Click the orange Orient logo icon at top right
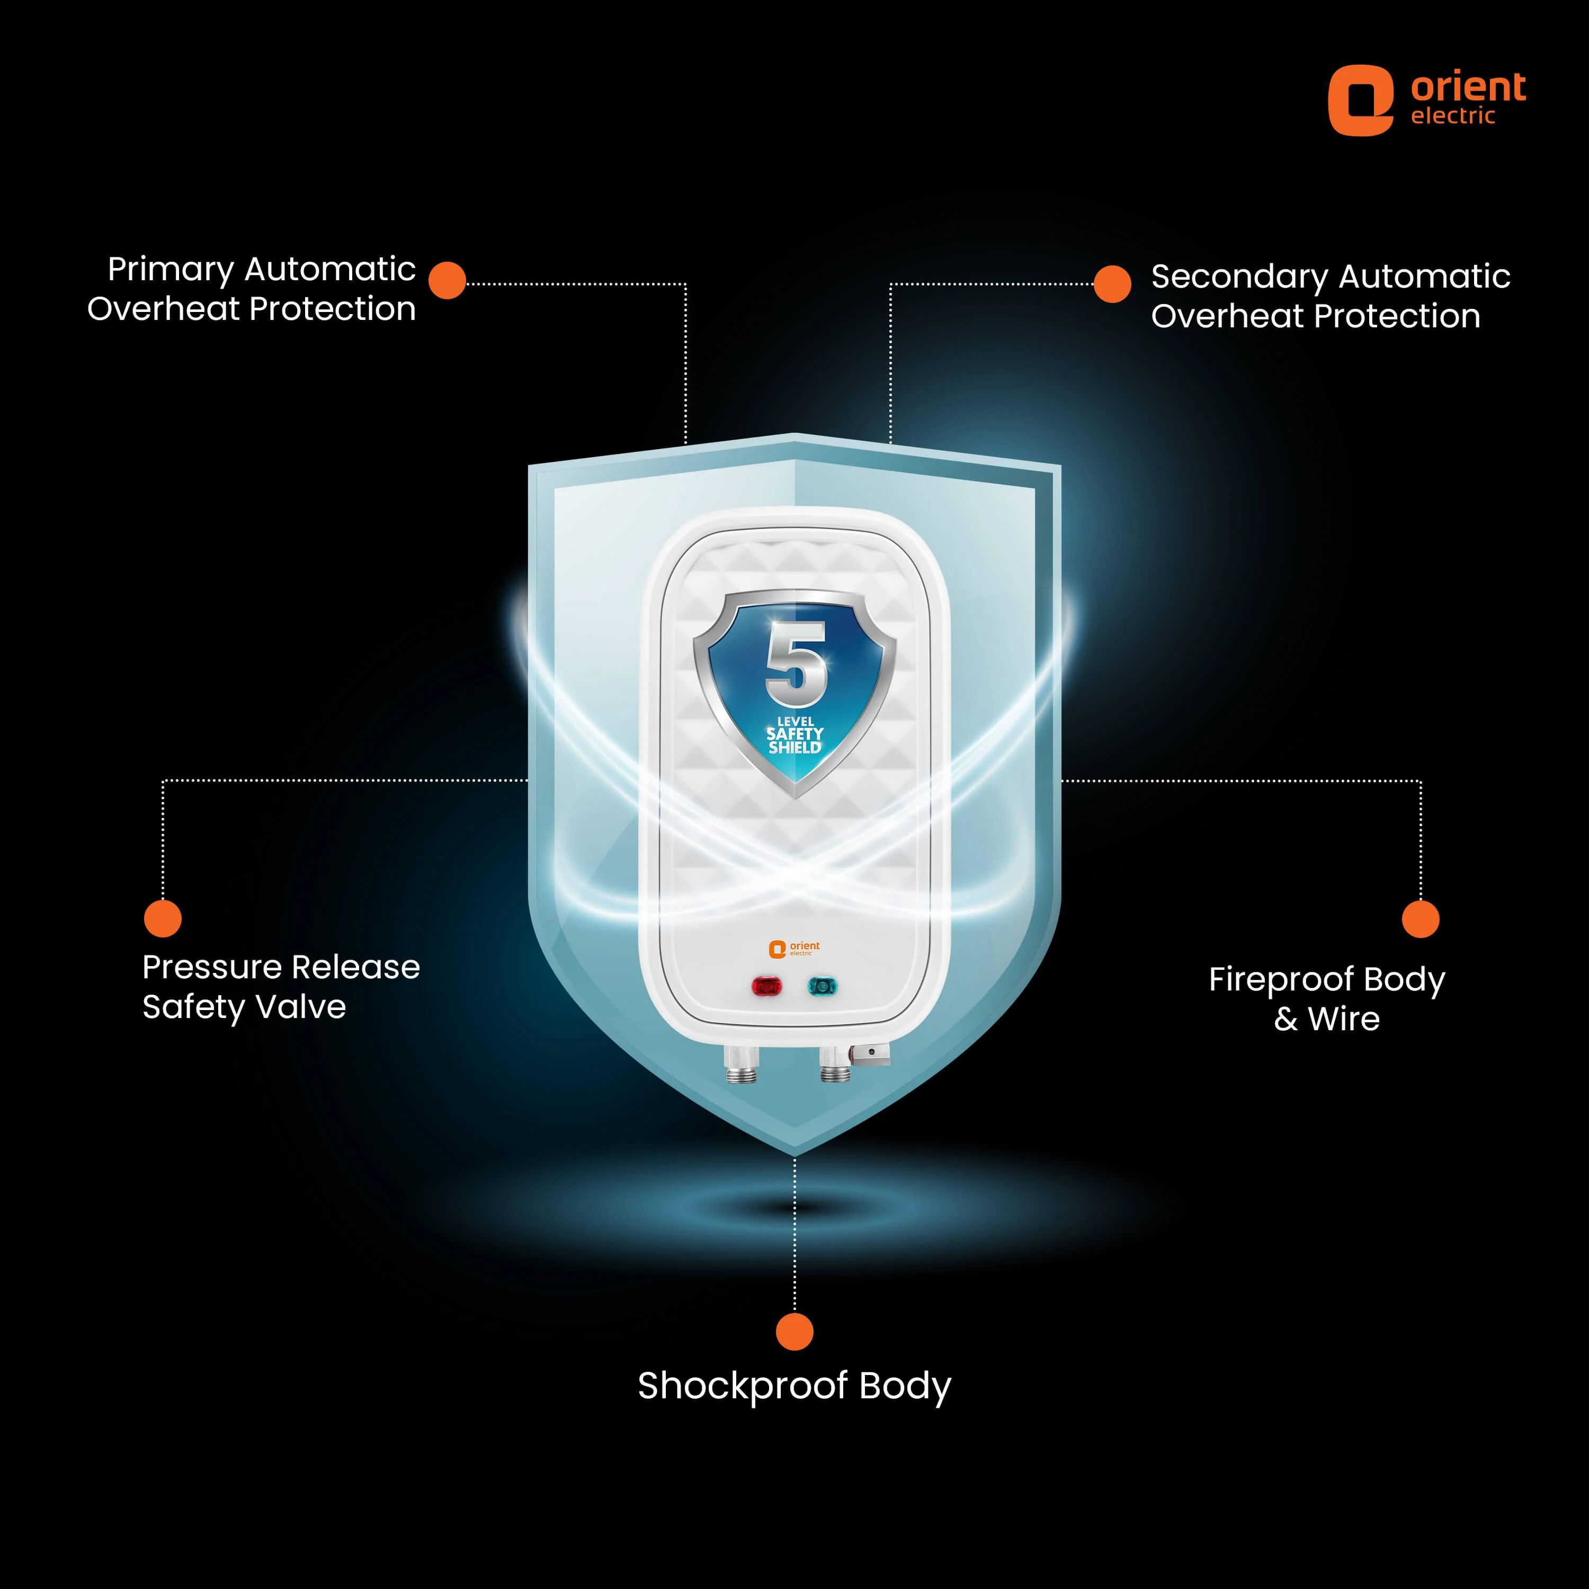point(1360,100)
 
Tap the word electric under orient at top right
point(1452,116)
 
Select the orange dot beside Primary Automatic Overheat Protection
point(448,281)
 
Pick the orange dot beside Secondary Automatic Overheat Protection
point(1112,284)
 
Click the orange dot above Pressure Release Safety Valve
point(163,918)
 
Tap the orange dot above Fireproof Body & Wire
point(1421,918)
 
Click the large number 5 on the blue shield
point(796,665)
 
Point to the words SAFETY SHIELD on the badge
point(794,740)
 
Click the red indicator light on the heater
point(766,986)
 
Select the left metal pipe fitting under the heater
point(741,1064)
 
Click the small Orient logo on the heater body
point(793,949)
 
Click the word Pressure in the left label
point(216,967)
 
